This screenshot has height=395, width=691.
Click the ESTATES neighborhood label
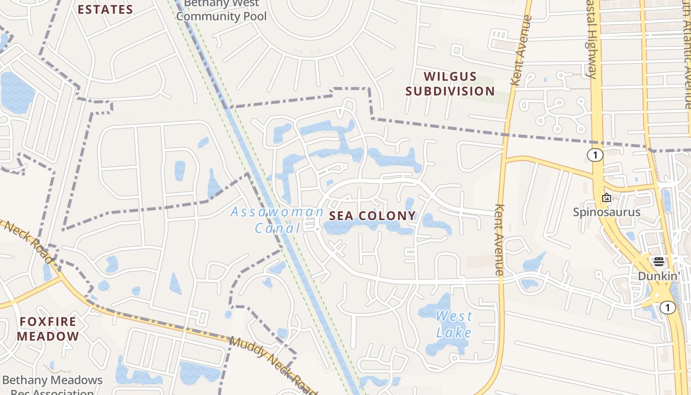pyautogui.click(x=105, y=9)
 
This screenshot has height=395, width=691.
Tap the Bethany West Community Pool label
pyautogui.click(x=221, y=11)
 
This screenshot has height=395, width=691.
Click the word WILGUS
pyautogui.click(x=451, y=77)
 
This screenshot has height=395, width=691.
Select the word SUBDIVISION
pyautogui.click(x=450, y=91)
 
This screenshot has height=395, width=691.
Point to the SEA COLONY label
pyautogui.click(x=372, y=216)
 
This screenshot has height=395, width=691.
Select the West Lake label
pyautogui.click(x=454, y=324)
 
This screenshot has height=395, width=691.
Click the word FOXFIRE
pyautogui.click(x=48, y=322)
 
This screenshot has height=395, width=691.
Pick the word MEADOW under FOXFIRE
pyautogui.click(x=48, y=337)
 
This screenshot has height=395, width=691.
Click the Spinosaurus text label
pyautogui.click(x=607, y=212)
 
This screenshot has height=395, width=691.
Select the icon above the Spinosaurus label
pyautogui.click(x=607, y=197)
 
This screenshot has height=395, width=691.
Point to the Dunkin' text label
pyautogui.click(x=659, y=276)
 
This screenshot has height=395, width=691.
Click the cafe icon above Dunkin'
pyautogui.click(x=659, y=262)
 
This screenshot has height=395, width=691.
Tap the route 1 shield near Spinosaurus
pyautogui.click(x=595, y=155)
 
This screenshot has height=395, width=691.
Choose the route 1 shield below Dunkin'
pyautogui.click(x=667, y=308)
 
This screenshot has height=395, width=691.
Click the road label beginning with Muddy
pyautogui.click(x=274, y=364)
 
